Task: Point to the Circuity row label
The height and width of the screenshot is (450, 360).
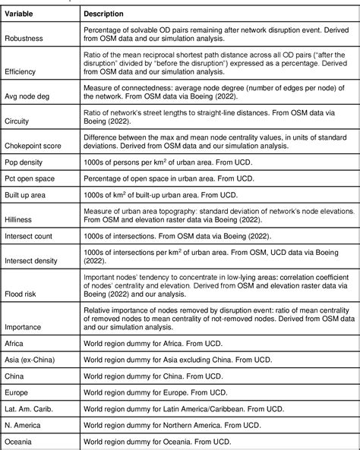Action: [x=21, y=119]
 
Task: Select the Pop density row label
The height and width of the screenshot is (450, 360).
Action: [x=27, y=162]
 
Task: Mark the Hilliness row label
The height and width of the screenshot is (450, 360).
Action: [x=24, y=220]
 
